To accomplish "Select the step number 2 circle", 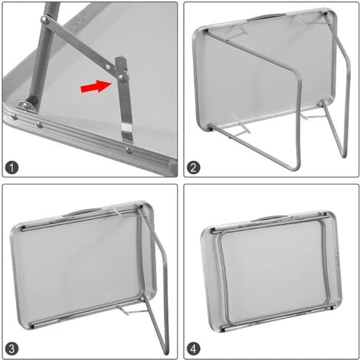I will tap(195, 165).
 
